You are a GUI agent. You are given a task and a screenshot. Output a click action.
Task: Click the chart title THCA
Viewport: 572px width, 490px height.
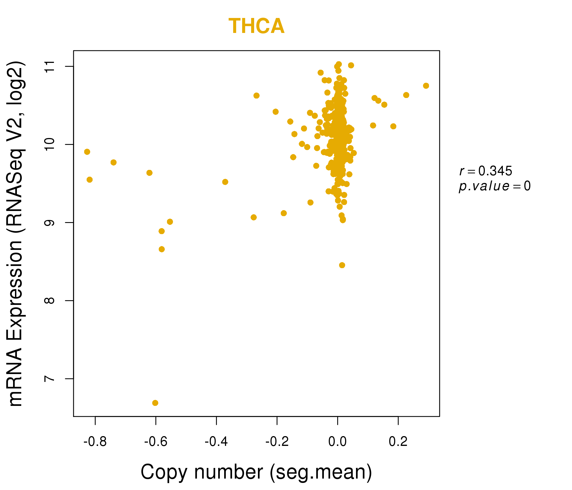256,26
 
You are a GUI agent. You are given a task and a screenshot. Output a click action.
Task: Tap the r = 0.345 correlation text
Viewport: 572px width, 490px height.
486,171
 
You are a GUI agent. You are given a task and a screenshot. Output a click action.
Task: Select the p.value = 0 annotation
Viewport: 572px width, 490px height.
494,186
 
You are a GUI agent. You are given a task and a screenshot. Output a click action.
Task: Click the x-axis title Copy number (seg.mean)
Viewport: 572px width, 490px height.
256,472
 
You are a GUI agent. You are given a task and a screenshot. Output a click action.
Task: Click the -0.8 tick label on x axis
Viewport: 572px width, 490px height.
95,442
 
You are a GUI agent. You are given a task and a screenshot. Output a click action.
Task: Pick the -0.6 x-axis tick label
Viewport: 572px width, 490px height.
156,442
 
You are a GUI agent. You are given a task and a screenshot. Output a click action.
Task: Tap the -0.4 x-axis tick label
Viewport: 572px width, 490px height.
216,442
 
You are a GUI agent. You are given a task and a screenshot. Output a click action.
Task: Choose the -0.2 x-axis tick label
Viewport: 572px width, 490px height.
277,442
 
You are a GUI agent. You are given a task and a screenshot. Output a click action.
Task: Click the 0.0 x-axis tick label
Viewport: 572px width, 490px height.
337,442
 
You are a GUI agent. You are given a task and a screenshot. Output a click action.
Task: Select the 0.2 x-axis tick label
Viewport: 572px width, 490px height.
398,442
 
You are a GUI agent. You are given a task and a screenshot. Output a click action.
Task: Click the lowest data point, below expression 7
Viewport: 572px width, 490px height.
155,403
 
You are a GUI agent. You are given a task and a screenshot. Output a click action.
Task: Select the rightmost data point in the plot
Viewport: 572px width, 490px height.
426,86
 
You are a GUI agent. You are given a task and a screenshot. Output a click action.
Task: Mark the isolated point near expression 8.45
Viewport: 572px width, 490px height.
342,265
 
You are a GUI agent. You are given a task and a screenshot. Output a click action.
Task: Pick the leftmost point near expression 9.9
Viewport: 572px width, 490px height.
87,152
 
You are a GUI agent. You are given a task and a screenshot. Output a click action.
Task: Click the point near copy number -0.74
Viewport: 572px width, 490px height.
114,162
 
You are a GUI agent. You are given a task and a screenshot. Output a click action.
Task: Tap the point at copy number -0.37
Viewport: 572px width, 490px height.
225,182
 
